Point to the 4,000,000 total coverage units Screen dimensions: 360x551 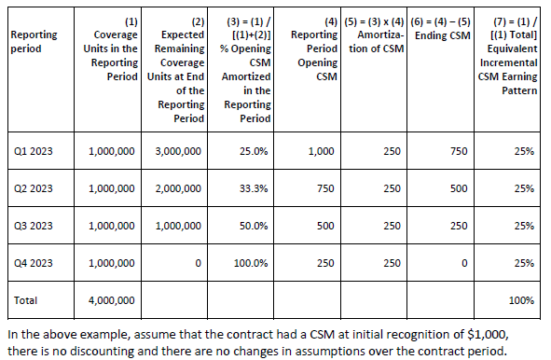(110, 300)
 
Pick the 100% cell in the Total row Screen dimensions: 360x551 (522, 300)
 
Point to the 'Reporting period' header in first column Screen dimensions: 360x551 (30, 40)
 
